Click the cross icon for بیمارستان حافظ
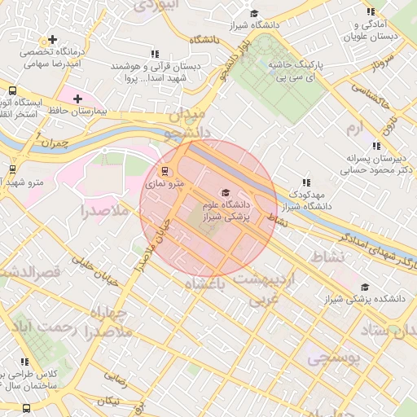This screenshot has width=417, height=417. (x=77, y=99)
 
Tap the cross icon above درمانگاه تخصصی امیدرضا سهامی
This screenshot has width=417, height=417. (x=53, y=39)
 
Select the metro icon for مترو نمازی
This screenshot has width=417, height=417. (x=165, y=172)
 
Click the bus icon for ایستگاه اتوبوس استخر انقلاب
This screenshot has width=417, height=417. (x=12, y=90)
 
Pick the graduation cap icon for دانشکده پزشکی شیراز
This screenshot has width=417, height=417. (x=365, y=287)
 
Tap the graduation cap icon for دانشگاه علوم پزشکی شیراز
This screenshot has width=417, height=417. (x=226, y=191)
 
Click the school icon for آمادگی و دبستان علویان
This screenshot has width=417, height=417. (x=371, y=12)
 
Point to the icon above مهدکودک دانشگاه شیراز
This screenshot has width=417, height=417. (x=306, y=183)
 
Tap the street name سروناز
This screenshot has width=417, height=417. (x=383, y=70)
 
